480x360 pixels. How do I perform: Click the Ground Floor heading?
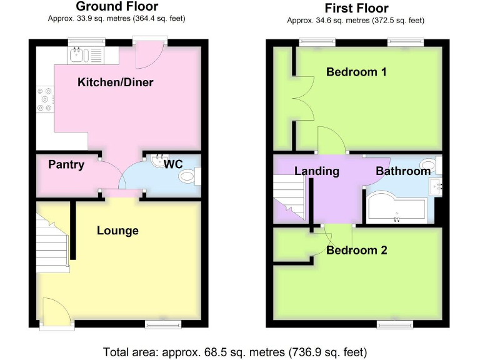tap(116, 7)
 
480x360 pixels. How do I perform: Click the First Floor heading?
tap(356, 8)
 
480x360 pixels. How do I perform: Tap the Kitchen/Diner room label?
tap(116, 82)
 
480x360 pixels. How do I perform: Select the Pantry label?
tap(66, 165)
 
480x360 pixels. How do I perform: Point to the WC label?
tap(173, 164)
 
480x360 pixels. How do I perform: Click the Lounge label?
tap(117, 231)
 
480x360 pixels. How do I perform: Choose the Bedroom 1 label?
tap(356, 72)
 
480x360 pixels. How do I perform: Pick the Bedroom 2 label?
tap(356, 250)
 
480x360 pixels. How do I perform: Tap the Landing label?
tap(317, 171)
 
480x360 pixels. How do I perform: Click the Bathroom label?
tap(402, 171)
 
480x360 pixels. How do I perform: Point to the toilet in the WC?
tap(188, 177)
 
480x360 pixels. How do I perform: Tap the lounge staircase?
tap(51, 241)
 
